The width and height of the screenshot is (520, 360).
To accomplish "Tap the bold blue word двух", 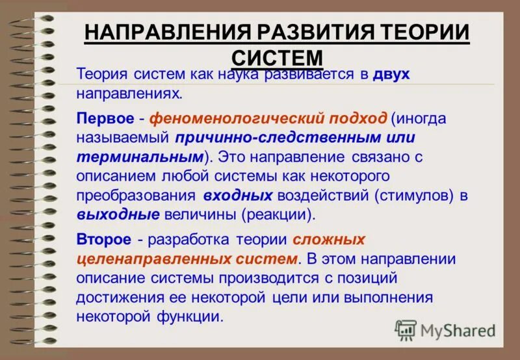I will [x=391, y=74].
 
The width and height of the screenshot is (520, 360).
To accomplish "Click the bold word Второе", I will [x=103, y=240].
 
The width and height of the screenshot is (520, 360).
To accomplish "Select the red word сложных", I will [x=329, y=240].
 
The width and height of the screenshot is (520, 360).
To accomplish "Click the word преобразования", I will [x=134, y=195].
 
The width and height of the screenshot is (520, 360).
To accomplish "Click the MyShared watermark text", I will [x=458, y=331].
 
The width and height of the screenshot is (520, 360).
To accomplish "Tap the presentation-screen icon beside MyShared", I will [x=406, y=330].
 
